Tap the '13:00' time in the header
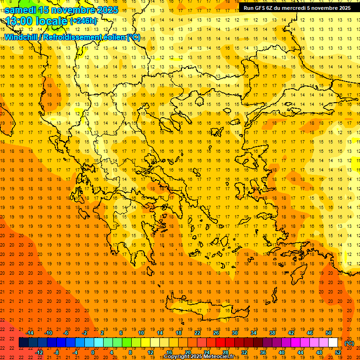(x=18, y=21)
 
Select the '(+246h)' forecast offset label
(x=83, y=21)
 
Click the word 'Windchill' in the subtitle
(x=22, y=37)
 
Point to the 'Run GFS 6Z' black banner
(x=297, y=8)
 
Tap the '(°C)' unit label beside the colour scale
(x=349, y=343)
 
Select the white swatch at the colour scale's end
(x=333, y=343)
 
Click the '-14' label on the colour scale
(x=30, y=333)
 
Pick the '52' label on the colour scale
(x=338, y=352)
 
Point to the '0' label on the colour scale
(x=93, y=352)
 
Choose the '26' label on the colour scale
(x=216, y=333)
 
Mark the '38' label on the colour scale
(x=272, y=333)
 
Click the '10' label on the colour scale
(x=141, y=333)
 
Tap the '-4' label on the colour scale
(x=75, y=352)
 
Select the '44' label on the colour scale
(x=300, y=352)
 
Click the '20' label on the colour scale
(x=188, y=352)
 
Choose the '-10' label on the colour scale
(x=48, y=333)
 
